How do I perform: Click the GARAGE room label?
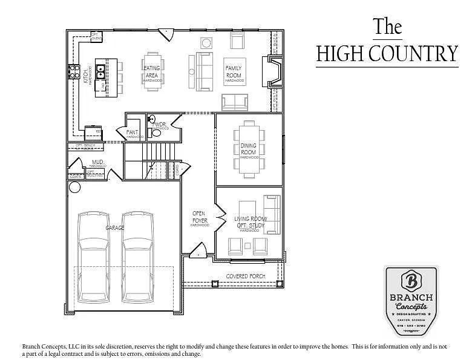[x=115, y=228]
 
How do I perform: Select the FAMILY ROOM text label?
[x=234, y=71]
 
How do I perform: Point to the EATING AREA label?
[x=152, y=72]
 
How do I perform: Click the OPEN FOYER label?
[x=200, y=217]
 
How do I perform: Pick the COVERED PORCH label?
[x=246, y=276]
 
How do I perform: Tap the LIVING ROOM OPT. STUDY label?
[x=250, y=222]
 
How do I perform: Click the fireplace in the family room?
[x=274, y=71]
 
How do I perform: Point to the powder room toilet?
[x=152, y=120]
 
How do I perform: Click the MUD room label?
[x=97, y=162]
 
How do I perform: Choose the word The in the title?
[x=387, y=26]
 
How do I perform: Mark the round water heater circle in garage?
[x=74, y=187]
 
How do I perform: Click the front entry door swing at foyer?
[x=198, y=249]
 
